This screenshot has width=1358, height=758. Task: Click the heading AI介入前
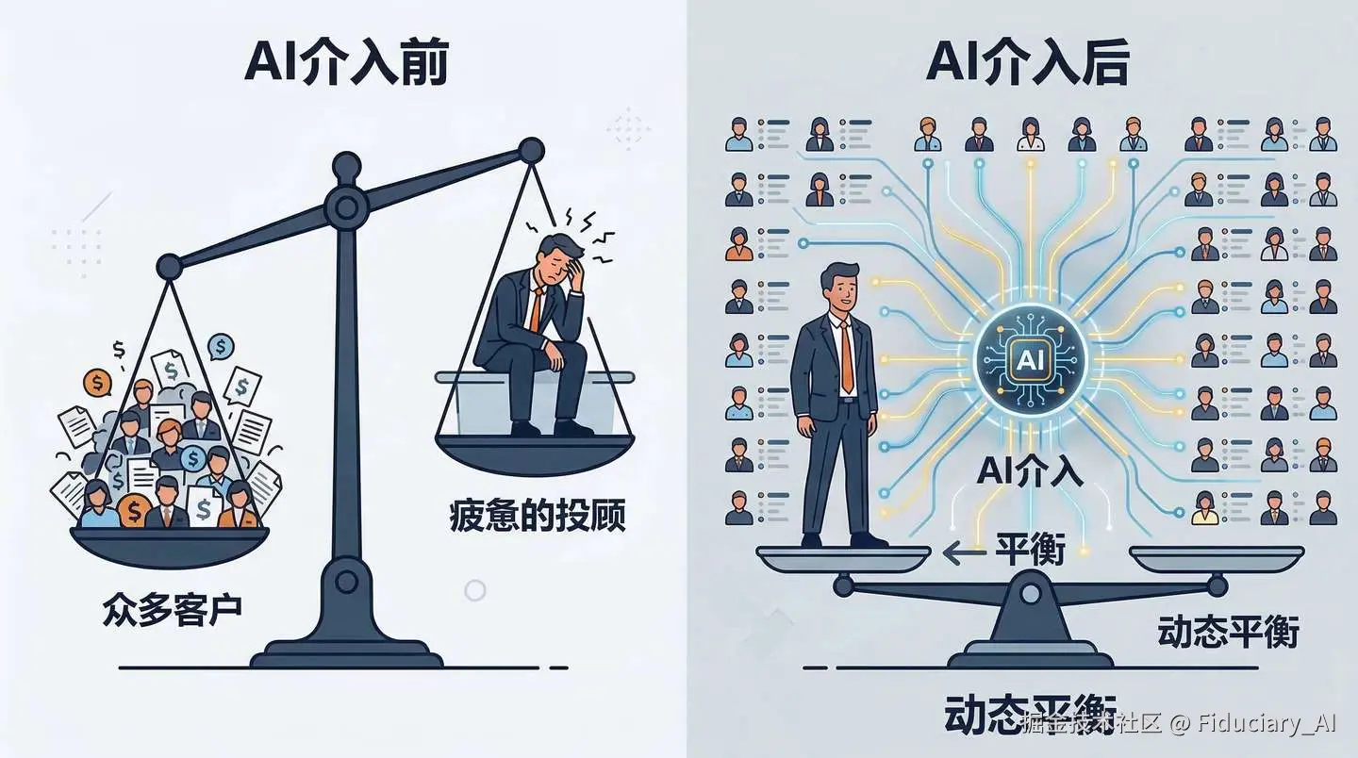tap(345, 64)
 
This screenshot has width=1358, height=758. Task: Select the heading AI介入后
tap(1027, 64)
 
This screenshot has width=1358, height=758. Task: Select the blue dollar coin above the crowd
tap(220, 347)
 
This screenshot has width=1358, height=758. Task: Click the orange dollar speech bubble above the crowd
tap(97, 381)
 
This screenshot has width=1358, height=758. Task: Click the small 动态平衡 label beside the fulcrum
tap(1228, 632)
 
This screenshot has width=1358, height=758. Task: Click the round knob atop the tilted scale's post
tap(346, 168)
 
